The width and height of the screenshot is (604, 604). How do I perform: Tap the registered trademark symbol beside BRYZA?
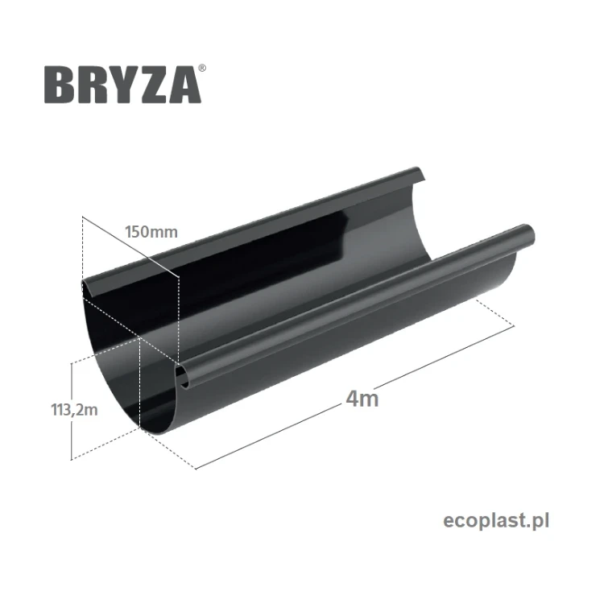(x=201, y=70)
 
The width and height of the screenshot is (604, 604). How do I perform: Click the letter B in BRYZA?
(x=59, y=85)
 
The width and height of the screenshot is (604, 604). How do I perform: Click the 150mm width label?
(x=151, y=232)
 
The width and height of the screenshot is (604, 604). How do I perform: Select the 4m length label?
(x=363, y=398)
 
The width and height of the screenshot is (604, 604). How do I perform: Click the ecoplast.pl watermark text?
(x=496, y=521)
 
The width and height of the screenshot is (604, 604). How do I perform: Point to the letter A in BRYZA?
(x=184, y=85)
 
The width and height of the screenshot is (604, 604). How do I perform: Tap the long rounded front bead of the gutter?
(x=354, y=305)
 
